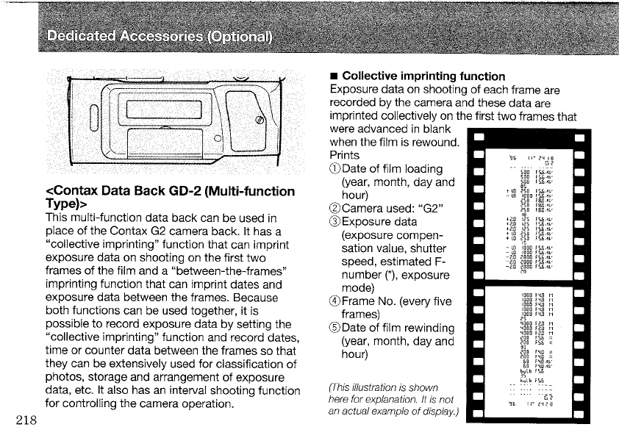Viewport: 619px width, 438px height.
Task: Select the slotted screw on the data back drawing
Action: point(259,119)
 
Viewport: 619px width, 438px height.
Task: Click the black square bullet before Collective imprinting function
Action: point(334,76)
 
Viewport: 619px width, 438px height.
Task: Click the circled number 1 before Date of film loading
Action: point(337,169)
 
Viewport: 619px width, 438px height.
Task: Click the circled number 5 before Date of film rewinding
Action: point(337,327)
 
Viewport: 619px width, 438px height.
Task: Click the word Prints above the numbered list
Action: point(345,156)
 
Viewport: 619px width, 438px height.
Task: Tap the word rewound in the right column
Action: point(437,142)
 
